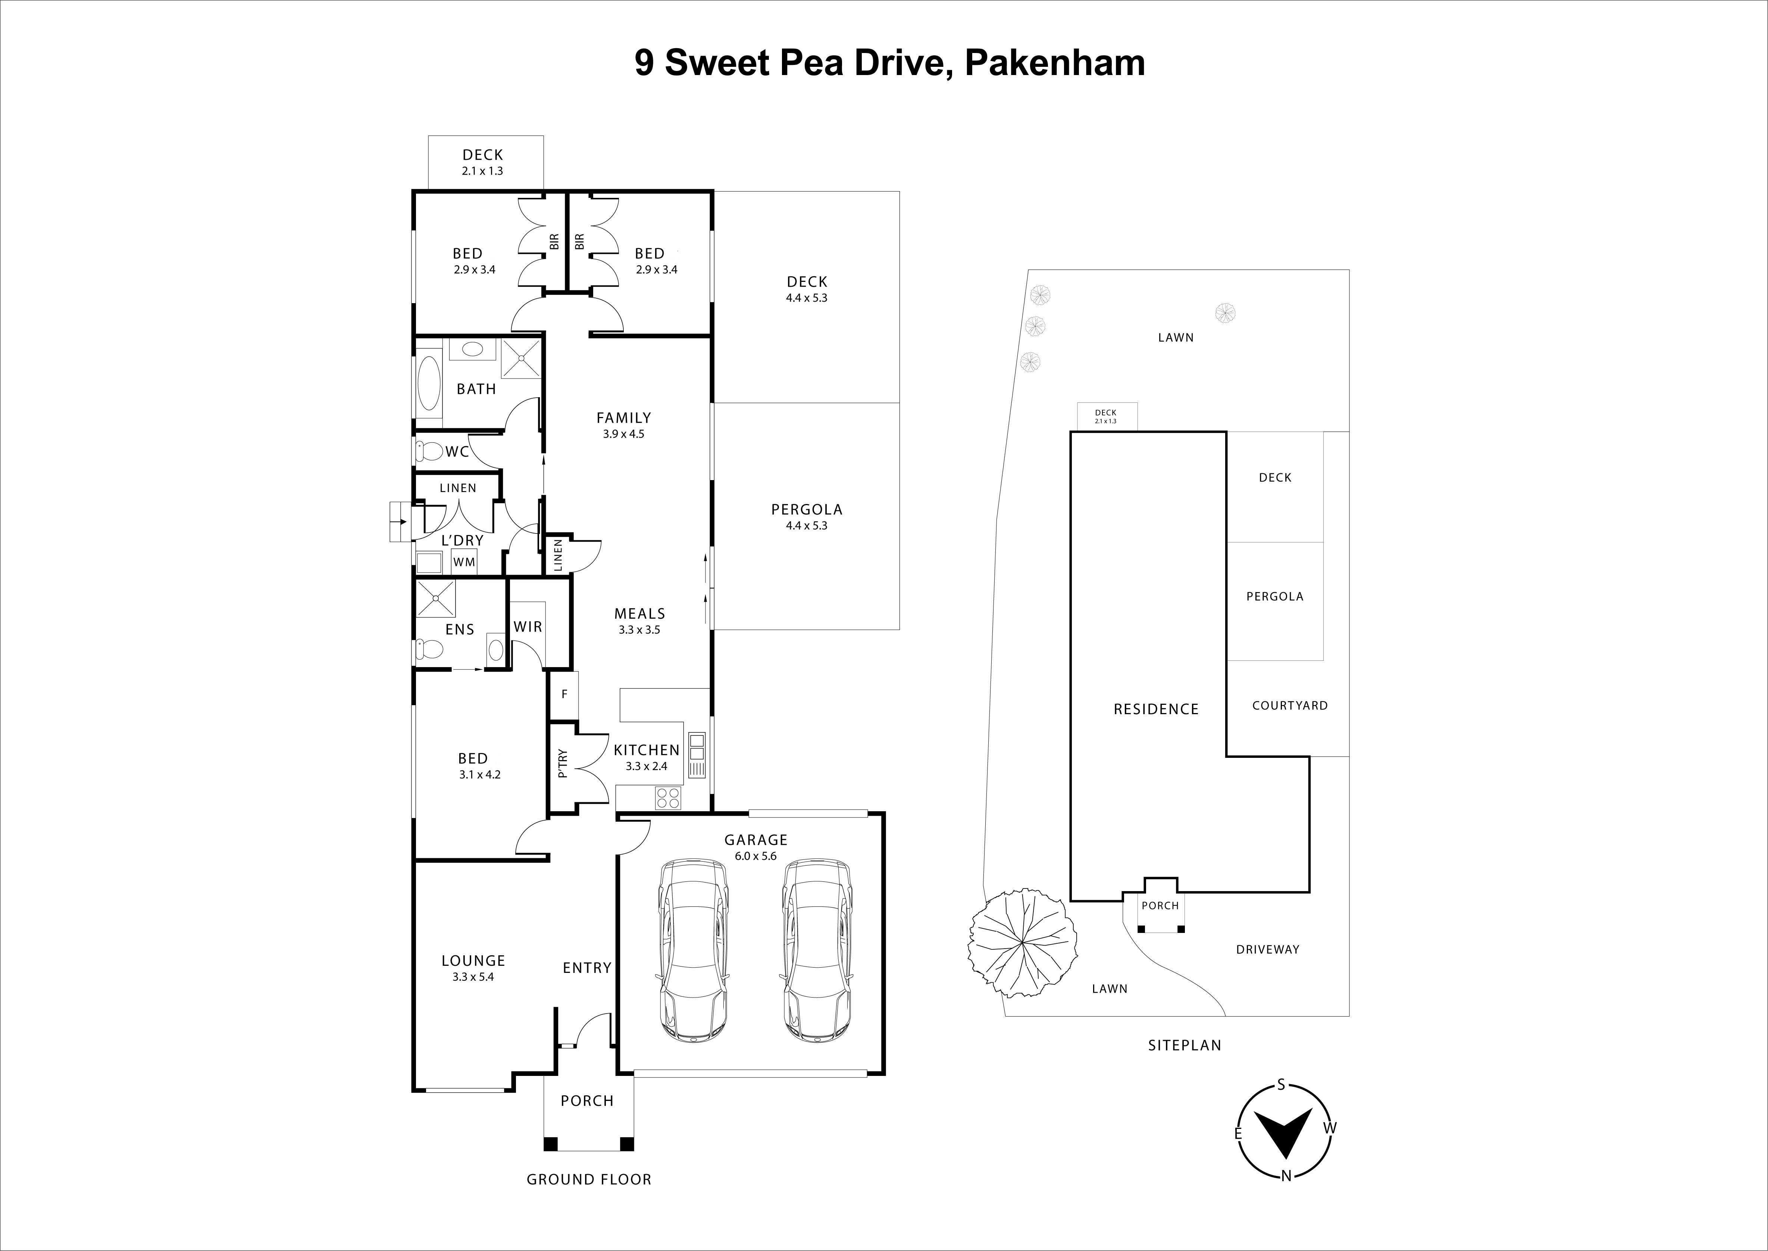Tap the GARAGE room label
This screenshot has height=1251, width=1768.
[755, 840]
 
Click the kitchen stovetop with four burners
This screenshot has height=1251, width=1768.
[668, 798]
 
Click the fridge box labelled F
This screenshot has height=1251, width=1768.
[564, 694]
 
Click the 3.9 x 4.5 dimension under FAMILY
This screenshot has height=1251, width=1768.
[624, 434]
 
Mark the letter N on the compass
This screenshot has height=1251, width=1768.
[1285, 1197]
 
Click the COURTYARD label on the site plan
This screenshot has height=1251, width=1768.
[1290, 705]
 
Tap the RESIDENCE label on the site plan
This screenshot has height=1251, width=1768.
[1156, 709]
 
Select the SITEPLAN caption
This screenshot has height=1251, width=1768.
[1184, 1045]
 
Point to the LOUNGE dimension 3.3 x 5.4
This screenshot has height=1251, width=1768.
[473, 977]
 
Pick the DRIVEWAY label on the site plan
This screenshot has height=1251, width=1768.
[1267, 949]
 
